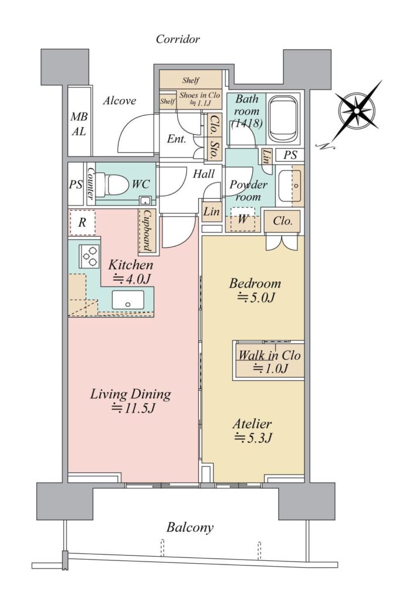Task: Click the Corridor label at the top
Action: (178, 39)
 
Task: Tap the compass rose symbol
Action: (357, 111)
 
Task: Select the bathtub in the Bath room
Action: (283, 119)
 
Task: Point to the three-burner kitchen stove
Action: (89, 256)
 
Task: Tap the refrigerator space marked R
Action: (82, 222)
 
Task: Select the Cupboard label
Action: (147, 231)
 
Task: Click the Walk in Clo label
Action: (270, 356)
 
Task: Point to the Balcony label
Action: (189, 528)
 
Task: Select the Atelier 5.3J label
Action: (253, 431)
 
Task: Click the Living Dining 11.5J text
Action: (131, 401)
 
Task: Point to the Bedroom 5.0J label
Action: (255, 290)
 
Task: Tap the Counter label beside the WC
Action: (91, 182)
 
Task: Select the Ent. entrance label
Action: (177, 138)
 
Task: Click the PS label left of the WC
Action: (76, 185)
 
